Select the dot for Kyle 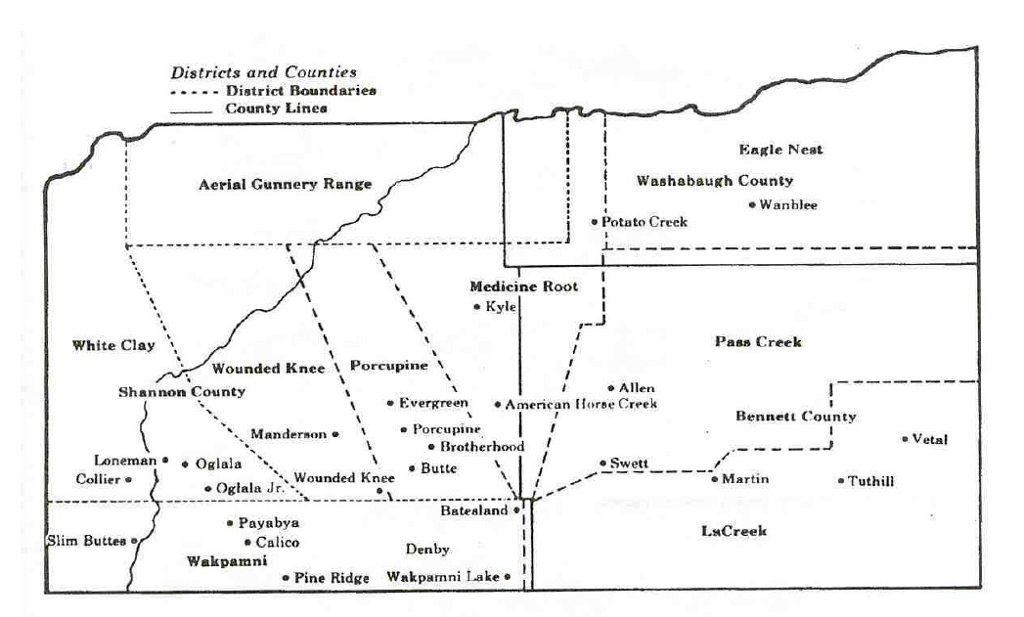click(476, 307)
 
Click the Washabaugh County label click(715, 181)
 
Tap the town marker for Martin click(715, 479)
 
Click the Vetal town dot click(905, 439)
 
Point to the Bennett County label click(795, 417)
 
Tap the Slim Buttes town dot click(135, 541)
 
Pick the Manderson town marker click(335, 433)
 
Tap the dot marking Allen click(611, 388)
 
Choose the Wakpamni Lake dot click(509, 577)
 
